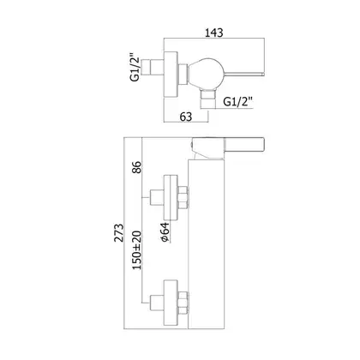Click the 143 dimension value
pos(214,33)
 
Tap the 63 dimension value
pos(186,117)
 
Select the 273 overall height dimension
pos(119,232)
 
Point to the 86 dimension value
pos(136,167)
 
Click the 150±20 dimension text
pos(136,250)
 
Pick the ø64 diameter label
pos(165,232)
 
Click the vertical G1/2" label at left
pos(135,67)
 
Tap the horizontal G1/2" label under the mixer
pos(238,101)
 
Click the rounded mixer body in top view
pos(206,74)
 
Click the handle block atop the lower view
pos(228,147)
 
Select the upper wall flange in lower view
pos(171,198)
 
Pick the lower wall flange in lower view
pos(171,303)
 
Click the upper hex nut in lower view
pos(183,197)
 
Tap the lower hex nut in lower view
pos(183,303)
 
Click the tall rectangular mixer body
pos(207,244)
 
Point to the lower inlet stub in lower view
pos(157,303)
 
